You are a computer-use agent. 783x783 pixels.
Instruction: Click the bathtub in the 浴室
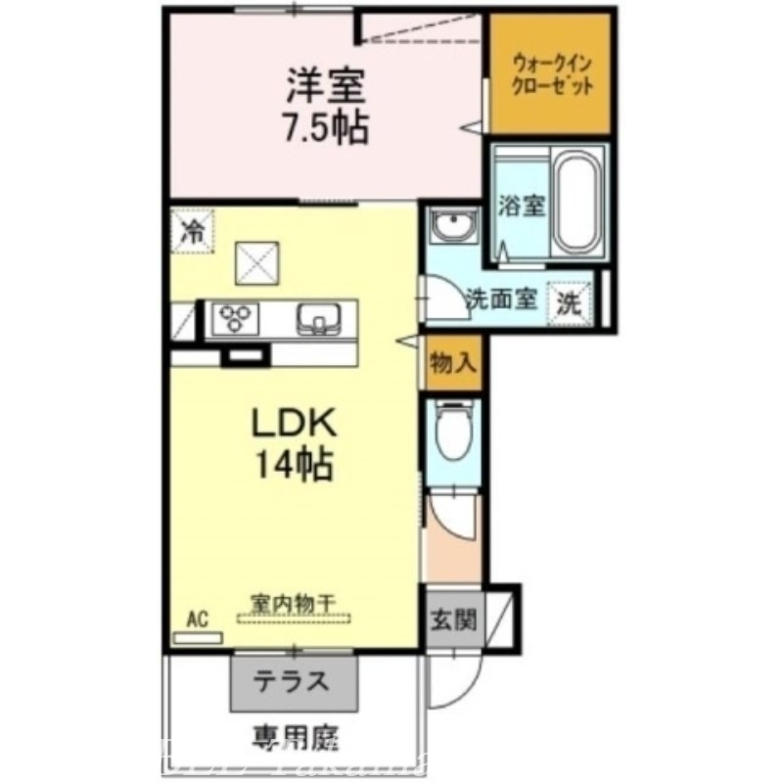(580, 204)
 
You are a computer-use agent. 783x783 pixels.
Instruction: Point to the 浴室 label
(521, 207)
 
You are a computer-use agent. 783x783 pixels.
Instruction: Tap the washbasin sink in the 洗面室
(452, 227)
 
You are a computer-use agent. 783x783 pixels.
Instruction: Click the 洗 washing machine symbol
(569, 301)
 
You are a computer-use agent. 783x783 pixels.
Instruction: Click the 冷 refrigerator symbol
(193, 232)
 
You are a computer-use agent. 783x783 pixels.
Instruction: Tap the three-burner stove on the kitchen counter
(237, 317)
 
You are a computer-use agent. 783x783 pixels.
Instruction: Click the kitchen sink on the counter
(316, 317)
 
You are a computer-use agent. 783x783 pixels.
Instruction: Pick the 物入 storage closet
(453, 363)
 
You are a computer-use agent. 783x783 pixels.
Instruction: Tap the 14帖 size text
(294, 463)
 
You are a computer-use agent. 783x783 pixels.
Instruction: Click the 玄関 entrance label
(453, 619)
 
